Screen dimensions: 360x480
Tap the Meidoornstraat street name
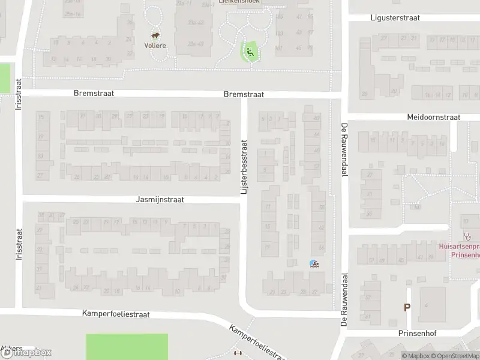point(433,117)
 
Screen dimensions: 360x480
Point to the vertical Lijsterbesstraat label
point(244,167)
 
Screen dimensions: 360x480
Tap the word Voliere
point(155,45)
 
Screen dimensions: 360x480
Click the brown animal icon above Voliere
point(155,35)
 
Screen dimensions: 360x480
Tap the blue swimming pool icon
point(313,263)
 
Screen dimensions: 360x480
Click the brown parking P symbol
point(407,307)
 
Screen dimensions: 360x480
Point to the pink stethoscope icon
point(466,236)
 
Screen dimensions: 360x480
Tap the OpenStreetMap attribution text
point(454,356)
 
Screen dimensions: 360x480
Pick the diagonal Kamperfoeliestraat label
point(256,343)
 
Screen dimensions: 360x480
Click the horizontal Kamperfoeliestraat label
point(116,314)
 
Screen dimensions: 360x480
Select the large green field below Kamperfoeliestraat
point(127,346)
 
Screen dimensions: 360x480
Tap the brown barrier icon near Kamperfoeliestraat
point(238,353)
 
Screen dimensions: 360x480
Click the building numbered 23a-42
point(195,22)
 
